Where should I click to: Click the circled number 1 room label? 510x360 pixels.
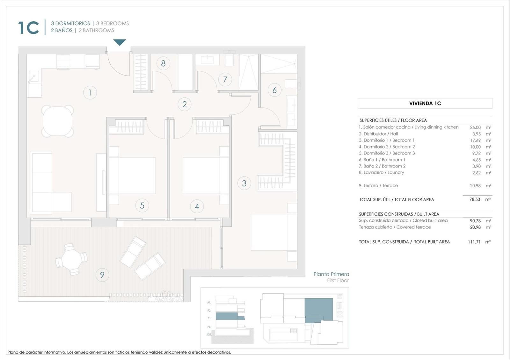90,92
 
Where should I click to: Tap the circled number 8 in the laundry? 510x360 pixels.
163,63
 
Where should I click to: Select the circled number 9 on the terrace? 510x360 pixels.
102,275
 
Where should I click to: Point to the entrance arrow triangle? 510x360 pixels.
120,42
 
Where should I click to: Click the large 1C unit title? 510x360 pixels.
29,27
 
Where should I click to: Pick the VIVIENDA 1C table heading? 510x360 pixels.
425,103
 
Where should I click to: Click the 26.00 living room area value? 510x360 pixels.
475,127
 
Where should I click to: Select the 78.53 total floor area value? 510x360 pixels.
475,199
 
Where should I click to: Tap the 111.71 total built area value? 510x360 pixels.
474,242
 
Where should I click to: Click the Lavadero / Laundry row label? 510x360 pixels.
381,172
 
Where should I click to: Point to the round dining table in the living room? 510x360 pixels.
58,121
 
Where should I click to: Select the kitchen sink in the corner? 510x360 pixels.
33,76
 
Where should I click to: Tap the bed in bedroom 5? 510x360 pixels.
132,176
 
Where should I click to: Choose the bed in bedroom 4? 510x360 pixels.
206,176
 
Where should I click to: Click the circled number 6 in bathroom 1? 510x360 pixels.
274,90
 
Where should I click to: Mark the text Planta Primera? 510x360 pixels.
331,274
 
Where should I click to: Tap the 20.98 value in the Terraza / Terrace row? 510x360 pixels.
475,185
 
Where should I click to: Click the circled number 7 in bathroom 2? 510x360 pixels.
225,79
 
